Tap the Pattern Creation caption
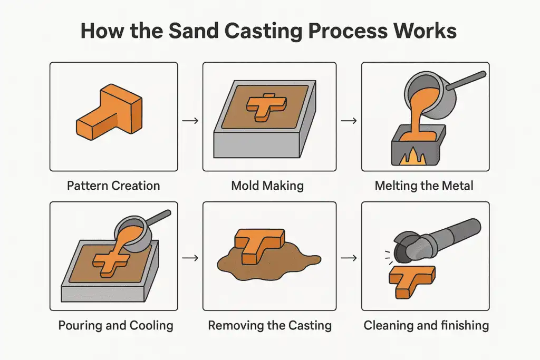click(113, 186)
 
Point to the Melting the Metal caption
click(425, 186)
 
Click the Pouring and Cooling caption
click(115, 325)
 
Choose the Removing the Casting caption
click(269, 325)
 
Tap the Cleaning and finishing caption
click(426, 325)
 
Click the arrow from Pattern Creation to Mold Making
click(190, 121)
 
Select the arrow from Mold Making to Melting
click(348, 121)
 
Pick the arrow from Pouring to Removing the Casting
click(190, 258)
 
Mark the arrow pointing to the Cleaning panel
click(348, 258)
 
